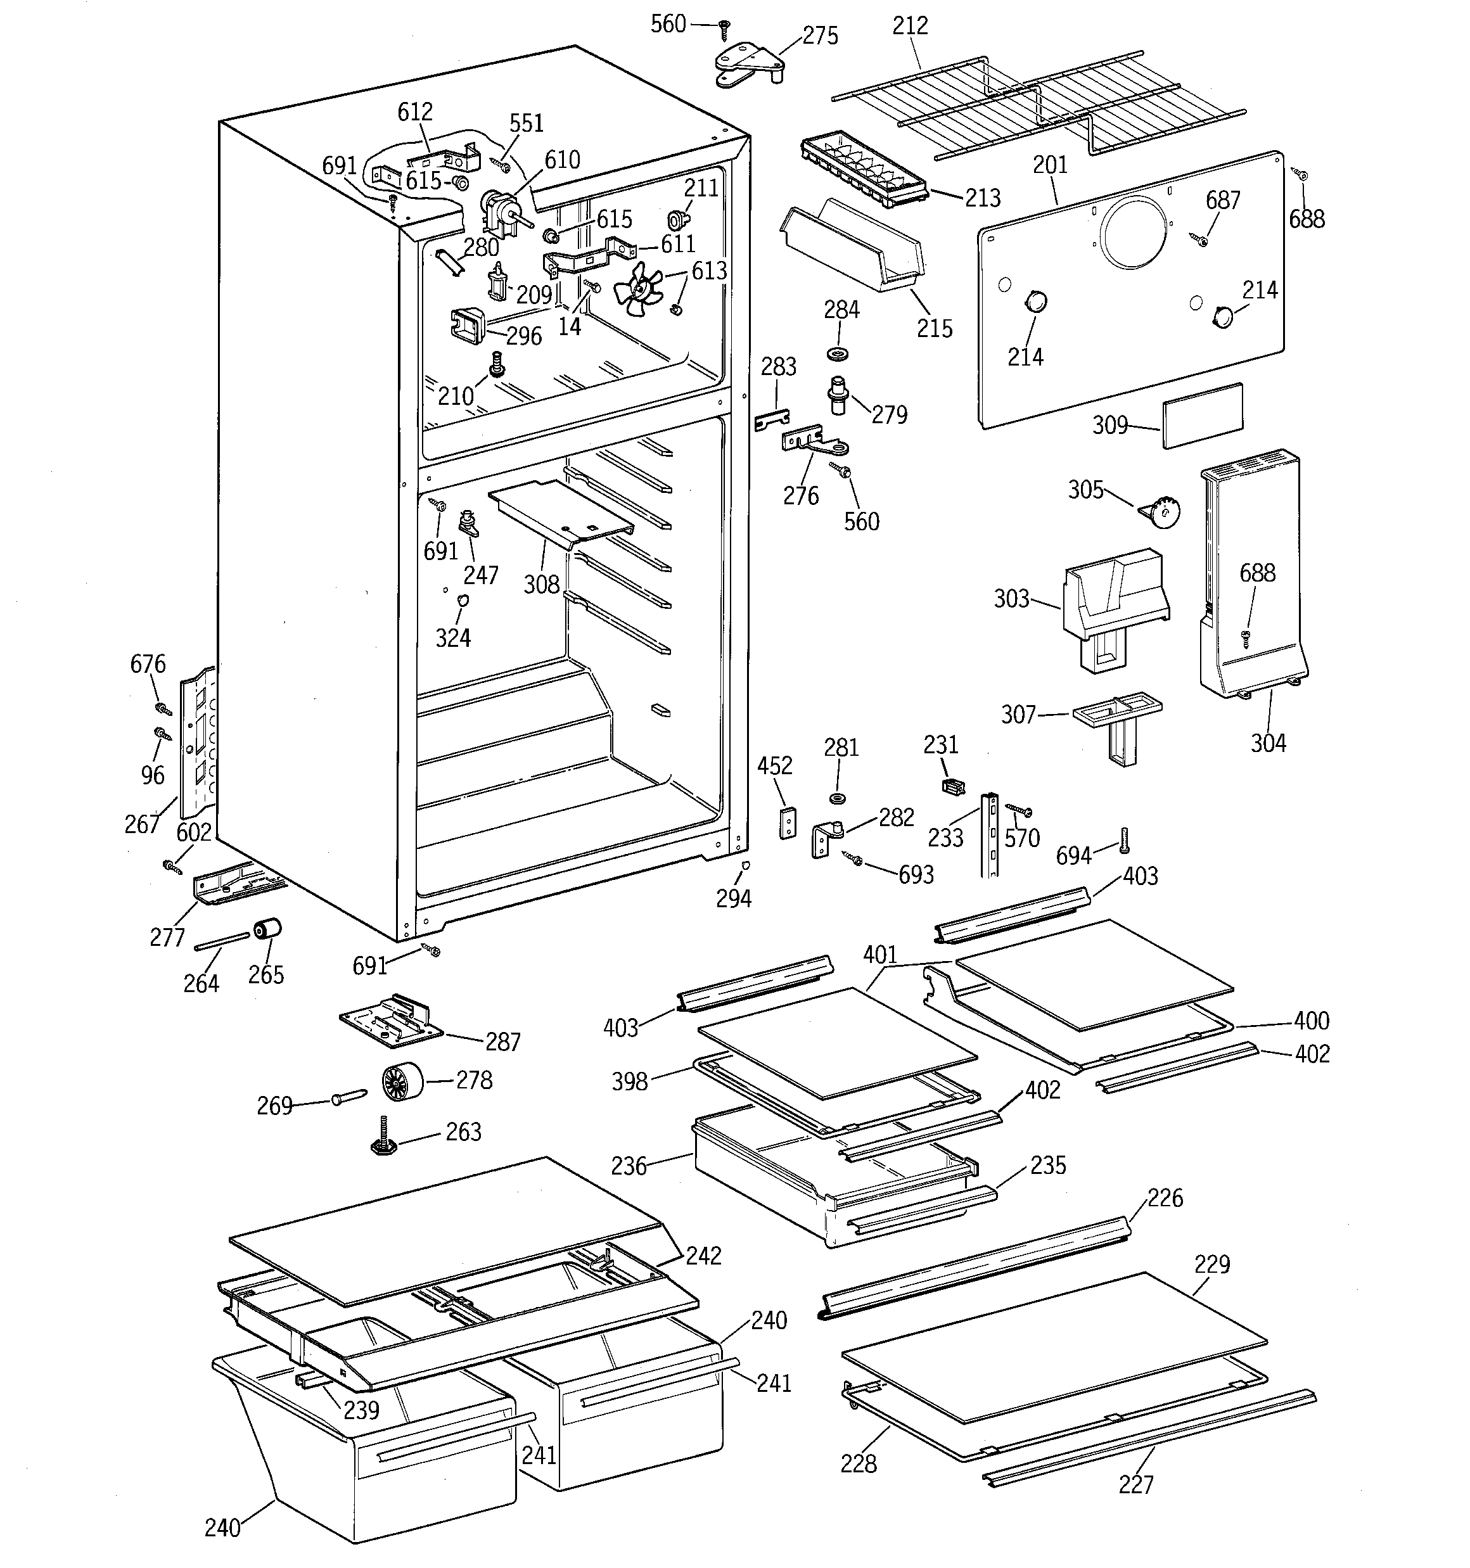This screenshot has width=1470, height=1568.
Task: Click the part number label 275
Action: click(x=820, y=36)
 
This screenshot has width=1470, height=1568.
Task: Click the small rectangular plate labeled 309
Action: click(x=1203, y=416)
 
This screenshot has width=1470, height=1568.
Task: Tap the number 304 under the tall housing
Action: click(x=1268, y=743)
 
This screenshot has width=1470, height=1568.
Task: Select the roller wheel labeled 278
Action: click(x=402, y=1082)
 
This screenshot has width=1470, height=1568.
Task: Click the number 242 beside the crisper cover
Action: click(x=703, y=1256)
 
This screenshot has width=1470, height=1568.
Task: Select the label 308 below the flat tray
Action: click(x=541, y=585)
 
